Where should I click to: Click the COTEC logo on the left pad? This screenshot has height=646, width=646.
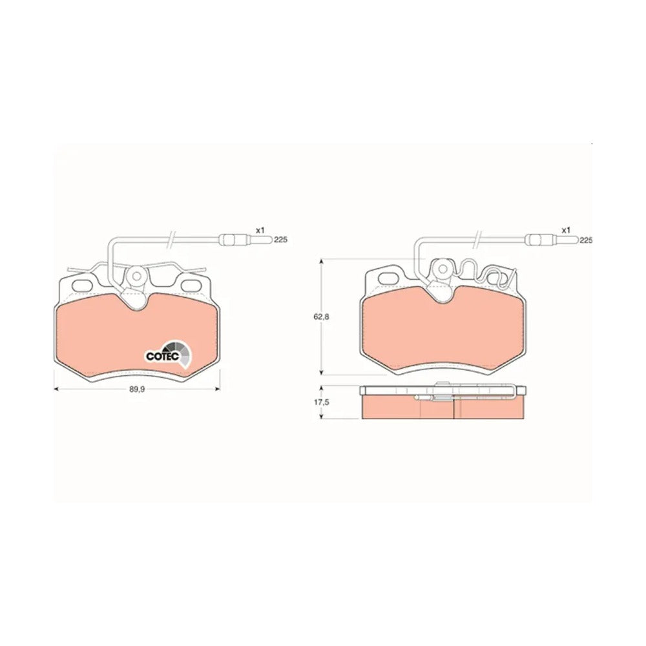tap(169, 354)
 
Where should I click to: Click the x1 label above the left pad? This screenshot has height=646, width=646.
tap(260, 231)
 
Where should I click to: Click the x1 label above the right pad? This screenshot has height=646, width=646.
tap(567, 231)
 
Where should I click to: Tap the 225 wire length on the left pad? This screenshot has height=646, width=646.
tap(281, 240)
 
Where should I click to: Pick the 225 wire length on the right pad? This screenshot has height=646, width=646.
tap(585, 240)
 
